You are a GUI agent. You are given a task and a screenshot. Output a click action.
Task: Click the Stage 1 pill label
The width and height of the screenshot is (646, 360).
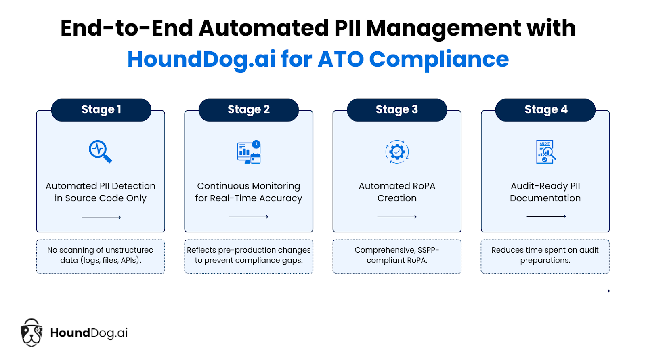tap(101, 110)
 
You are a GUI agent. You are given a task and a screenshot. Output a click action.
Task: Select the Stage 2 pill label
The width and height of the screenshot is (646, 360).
tap(249, 110)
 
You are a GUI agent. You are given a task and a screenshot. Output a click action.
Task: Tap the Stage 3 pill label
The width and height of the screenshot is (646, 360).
tap(397, 110)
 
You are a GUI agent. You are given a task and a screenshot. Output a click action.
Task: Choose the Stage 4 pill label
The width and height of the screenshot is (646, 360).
tap(545, 110)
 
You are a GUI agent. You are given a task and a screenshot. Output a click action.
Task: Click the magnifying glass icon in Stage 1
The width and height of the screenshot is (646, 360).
tap(101, 152)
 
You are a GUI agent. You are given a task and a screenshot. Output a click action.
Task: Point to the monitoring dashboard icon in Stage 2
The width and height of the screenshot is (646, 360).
tap(249, 152)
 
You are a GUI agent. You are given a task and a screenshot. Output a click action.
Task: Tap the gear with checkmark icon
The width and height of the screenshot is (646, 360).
tap(397, 152)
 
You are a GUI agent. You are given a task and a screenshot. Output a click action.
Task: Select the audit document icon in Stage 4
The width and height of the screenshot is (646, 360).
tap(545, 152)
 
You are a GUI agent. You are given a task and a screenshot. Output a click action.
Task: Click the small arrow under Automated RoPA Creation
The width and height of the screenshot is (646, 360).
tap(397, 217)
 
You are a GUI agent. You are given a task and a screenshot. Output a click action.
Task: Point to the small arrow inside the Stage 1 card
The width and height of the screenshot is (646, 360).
tap(101, 217)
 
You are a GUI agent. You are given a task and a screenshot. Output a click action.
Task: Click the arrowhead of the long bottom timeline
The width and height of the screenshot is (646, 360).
tap(609, 291)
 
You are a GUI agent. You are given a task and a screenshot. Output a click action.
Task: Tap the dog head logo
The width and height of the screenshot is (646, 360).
tap(31, 333)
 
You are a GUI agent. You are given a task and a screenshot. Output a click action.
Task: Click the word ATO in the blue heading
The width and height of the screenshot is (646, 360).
tap(341, 59)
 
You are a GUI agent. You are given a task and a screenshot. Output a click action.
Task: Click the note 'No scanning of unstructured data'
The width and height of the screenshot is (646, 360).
tap(101, 255)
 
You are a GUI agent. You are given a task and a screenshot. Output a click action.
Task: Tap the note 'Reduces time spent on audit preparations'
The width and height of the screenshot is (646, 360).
tap(545, 255)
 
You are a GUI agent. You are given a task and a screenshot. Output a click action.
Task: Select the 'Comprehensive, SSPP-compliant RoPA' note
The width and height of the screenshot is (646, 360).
tap(397, 255)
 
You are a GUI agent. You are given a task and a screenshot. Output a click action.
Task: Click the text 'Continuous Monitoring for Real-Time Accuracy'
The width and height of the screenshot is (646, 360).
tap(249, 192)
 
